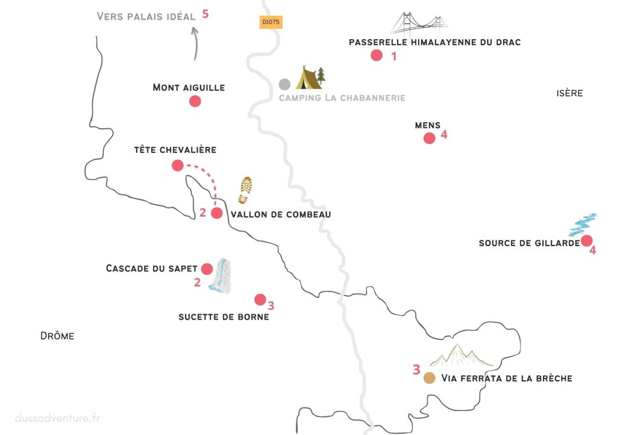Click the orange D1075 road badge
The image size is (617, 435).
pyautogui.click(x=271, y=22)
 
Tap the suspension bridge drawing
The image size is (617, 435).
pyautogui.click(x=420, y=25)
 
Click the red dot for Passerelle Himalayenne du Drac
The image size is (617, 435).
pyautogui.click(x=377, y=56)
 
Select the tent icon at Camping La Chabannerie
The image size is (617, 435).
pyautogui.click(x=310, y=78)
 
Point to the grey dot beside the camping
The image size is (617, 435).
pyautogui.click(x=284, y=84)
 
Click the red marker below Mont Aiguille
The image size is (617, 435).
pyautogui.click(x=195, y=102)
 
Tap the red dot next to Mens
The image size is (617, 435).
pyautogui.click(x=429, y=138)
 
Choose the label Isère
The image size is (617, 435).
pyautogui.click(x=569, y=93)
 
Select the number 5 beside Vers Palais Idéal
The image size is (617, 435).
pyautogui.click(x=205, y=14)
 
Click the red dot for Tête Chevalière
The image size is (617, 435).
pyautogui.click(x=177, y=165)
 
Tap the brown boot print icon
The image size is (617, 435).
pyautogui.click(x=245, y=190)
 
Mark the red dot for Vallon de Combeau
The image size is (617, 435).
pyautogui.click(x=216, y=213)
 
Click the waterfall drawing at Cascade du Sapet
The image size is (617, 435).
pyautogui.click(x=221, y=277)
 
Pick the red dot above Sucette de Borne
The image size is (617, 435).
pyautogui.click(x=260, y=299)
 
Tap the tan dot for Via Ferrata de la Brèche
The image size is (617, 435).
pyautogui.click(x=429, y=378)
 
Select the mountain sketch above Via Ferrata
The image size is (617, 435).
pyautogui.click(x=461, y=356)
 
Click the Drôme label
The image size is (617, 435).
pyautogui.click(x=57, y=336)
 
